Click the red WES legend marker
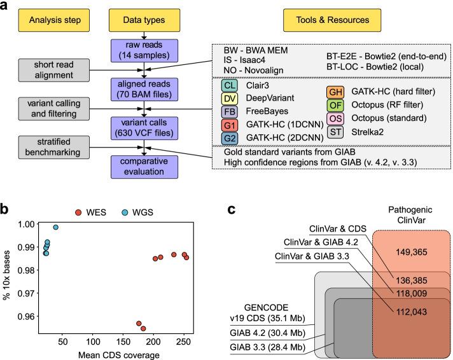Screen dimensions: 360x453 click(79, 212)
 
